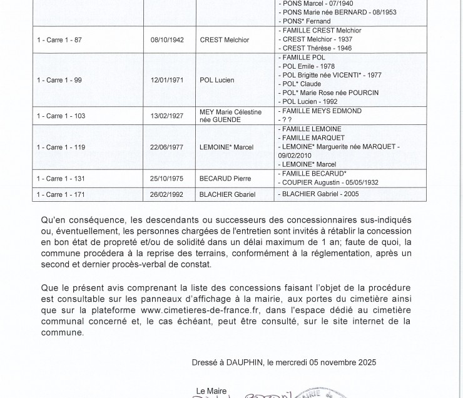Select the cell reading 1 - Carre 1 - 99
pos(60,80)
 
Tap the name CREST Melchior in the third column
pos(224,40)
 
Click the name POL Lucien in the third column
pos(218,80)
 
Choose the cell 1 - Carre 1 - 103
pos(61,116)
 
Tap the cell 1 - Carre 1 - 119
pos(61,147)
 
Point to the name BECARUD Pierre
pos(225,178)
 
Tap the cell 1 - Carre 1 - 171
pos(61,194)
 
